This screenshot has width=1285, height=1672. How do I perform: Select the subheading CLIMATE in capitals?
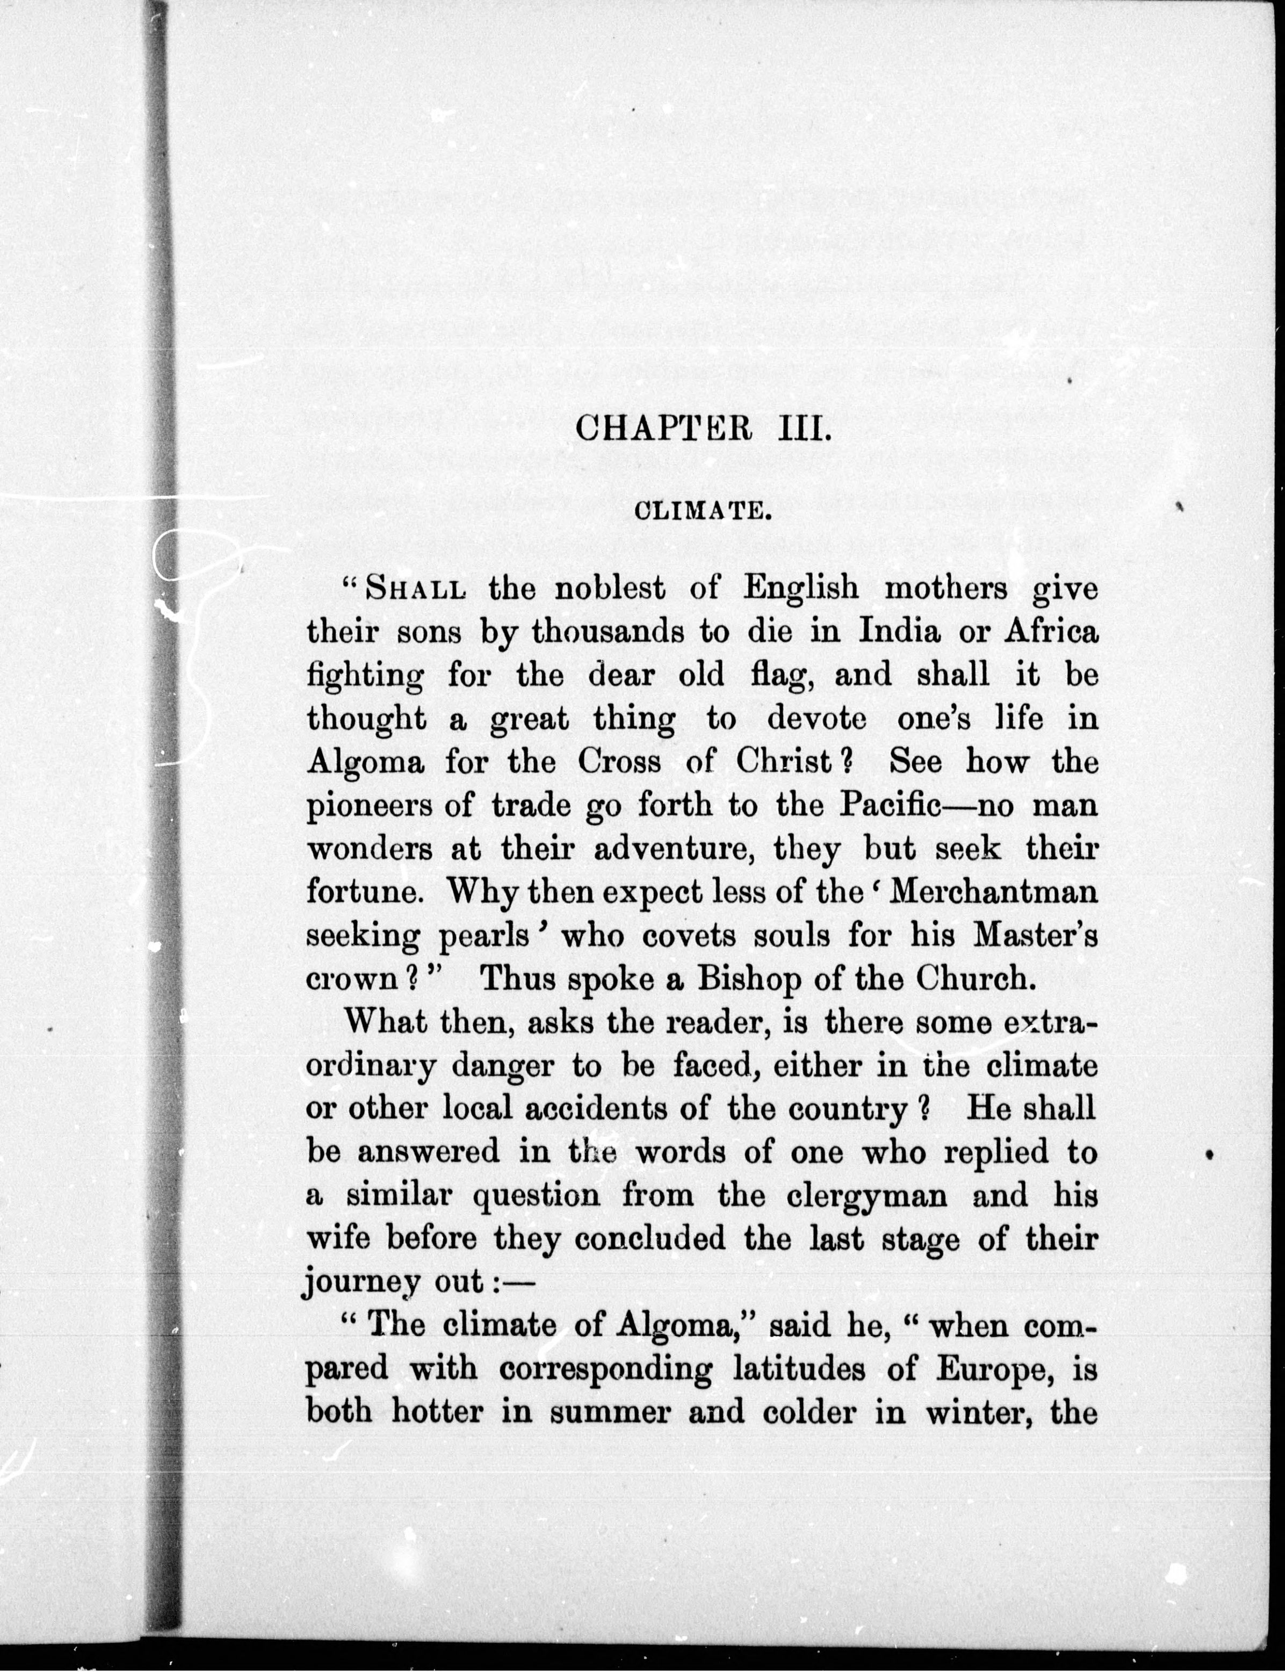pyautogui.click(x=702, y=511)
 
